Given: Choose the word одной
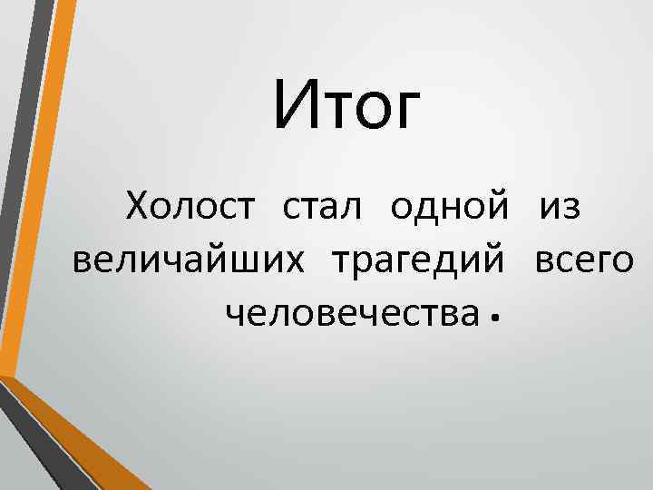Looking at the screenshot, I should tap(449, 208).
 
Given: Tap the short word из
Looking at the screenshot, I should tap(560, 210).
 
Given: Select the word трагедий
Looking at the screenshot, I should tap(419, 262).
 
